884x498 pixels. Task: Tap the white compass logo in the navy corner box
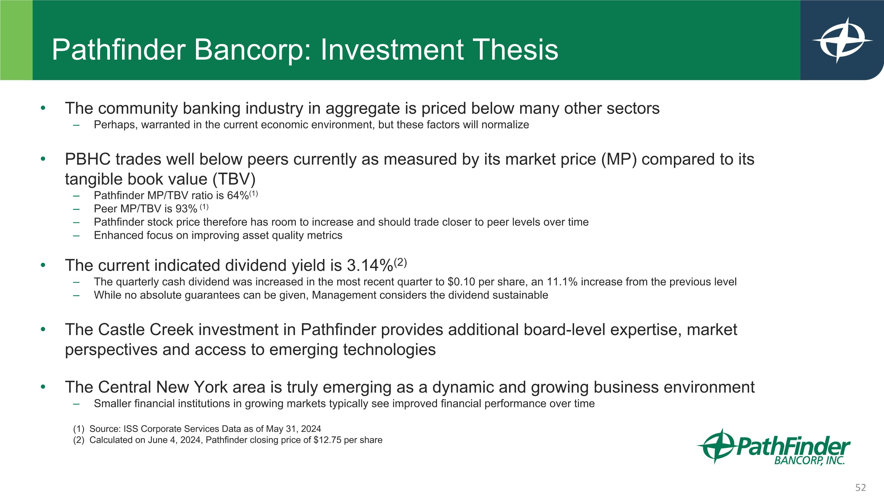tap(842, 40)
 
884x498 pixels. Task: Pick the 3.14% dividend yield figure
tap(369, 266)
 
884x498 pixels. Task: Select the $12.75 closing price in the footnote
tap(327, 440)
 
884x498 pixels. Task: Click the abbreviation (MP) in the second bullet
tap(619, 159)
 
